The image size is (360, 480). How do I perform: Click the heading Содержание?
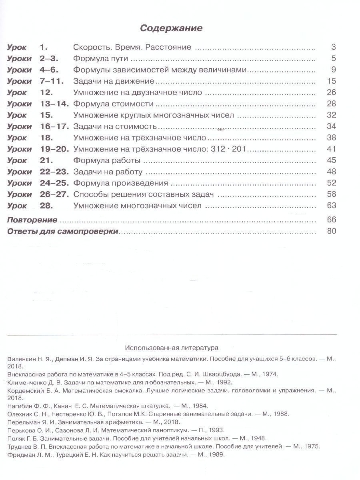click(171, 28)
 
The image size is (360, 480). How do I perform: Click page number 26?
click(331, 92)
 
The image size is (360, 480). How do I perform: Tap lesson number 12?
click(47, 92)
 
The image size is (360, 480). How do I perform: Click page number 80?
click(331, 231)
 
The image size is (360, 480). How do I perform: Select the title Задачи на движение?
click(114, 81)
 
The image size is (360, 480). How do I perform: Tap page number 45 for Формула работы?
click(331, 160)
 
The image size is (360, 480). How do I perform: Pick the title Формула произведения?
click(120, 183)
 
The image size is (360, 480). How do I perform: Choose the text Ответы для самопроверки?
click(63, 231)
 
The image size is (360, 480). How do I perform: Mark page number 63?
click(331, 206)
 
